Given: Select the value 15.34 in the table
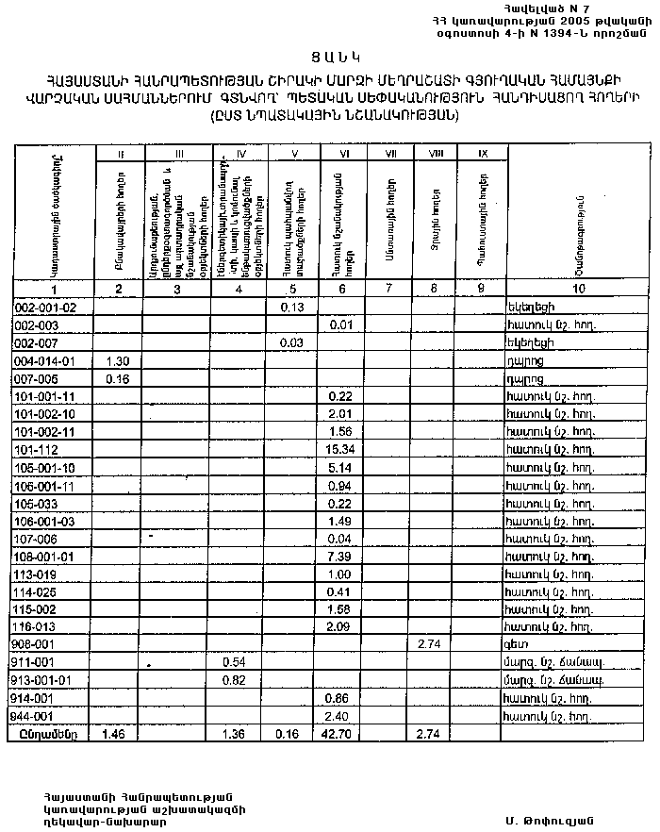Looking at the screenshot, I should pyautogui.click(x=340, y=449).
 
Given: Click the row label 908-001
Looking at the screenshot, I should pyautogui.click(x=38, y=644).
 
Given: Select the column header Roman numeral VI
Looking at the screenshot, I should pyautogui.click(x=340, y=153).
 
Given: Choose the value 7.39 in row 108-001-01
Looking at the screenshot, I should pyautogui.click(x=340, y=556).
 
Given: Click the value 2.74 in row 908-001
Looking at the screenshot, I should pyautogui.click(x=430, y=644).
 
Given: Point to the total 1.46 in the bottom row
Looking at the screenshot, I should pyautogui.click(x=116, y=733).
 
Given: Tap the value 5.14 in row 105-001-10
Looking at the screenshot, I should pyautogui.click(x=340, y=467).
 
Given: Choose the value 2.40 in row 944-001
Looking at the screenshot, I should pyautogui.click(x=340, y=716).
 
